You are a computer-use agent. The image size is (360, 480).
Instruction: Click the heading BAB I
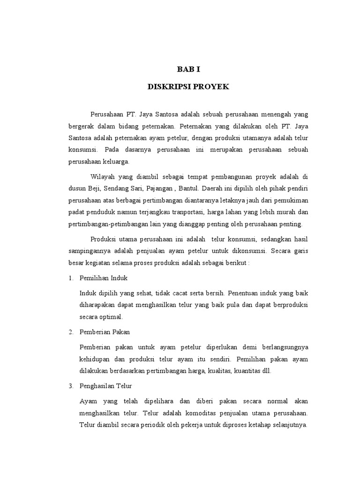188,69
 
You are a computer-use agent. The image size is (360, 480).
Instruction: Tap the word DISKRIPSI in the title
166,87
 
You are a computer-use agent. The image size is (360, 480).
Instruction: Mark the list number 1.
70,278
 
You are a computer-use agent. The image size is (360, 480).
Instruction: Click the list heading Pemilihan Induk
104,278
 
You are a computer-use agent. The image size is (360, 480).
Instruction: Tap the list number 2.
70,331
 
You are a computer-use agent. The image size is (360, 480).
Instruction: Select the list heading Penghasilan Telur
106,385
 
